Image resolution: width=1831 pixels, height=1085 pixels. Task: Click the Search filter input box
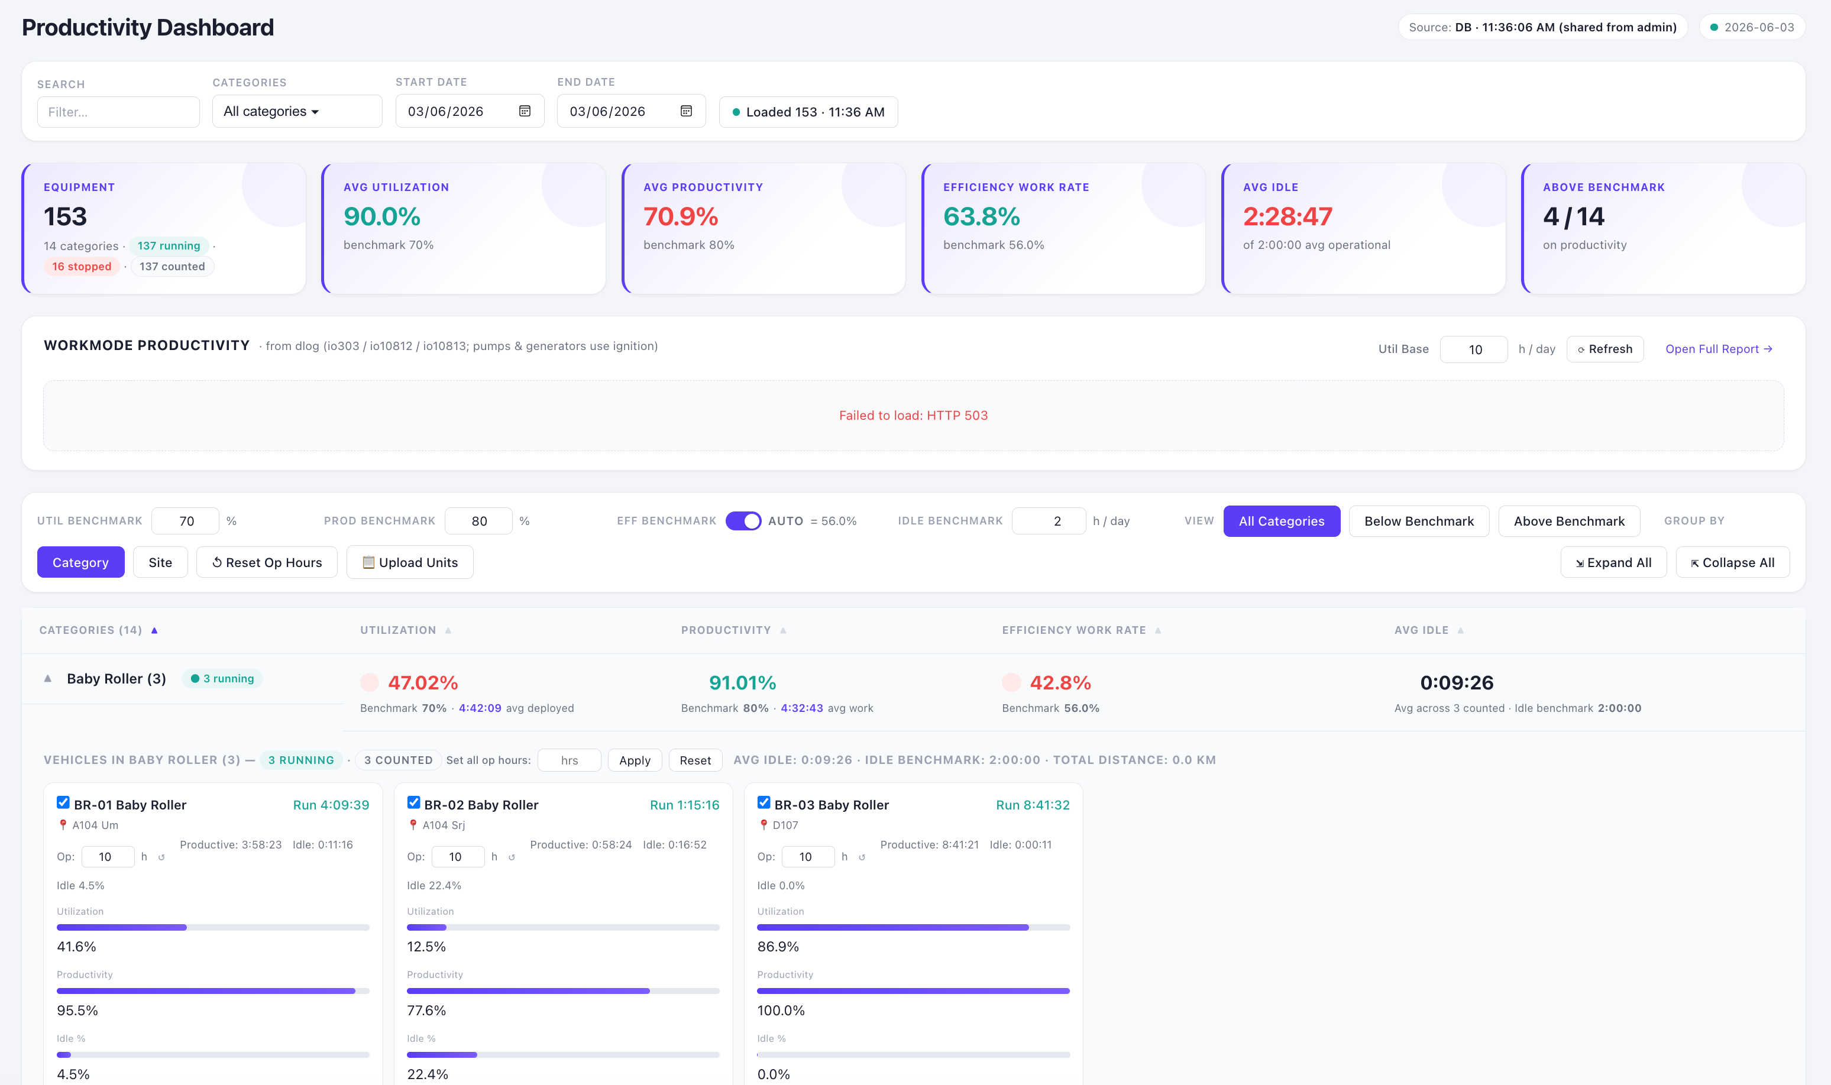click(x=118, y=112)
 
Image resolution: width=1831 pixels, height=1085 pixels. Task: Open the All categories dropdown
click(x=297, y=111)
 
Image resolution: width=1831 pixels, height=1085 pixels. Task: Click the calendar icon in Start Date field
click(x=525, y=111)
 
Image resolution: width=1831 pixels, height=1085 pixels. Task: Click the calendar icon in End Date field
click(x=686, y=111)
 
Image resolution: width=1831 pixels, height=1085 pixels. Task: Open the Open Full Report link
click(x=1719, y=349)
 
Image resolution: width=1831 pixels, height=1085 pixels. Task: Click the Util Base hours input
click(x=1473, y=349)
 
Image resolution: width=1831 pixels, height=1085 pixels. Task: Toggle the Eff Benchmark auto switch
click(x=743, y=520)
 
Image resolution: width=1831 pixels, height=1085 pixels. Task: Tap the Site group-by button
click(x=160, y=562)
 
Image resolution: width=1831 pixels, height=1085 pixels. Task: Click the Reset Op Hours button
click(x=267, y=562)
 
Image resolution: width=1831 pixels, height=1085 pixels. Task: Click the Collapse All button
click(x=1732, y=562)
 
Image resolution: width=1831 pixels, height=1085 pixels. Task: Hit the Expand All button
click(x=1613, y=562)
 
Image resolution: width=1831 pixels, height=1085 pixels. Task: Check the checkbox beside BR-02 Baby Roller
click(x=414, y=803)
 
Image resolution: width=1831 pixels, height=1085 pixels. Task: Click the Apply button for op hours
click(x=635, y=760)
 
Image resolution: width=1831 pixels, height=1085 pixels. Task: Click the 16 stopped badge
click(x=82, y=266)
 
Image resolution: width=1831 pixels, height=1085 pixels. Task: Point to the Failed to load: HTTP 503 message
click(x=913, y=415)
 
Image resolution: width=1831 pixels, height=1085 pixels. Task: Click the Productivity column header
click(x=726, y=630)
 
